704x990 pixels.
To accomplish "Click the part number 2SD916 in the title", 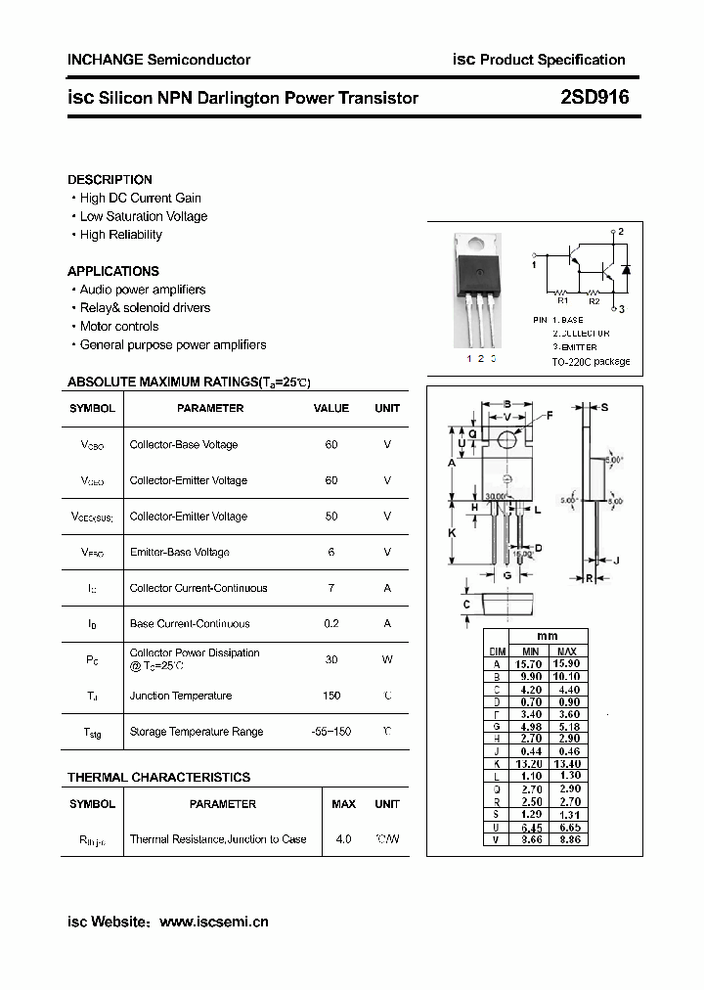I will tap(594, 98).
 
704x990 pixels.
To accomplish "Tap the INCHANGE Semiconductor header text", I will tap(158, 60).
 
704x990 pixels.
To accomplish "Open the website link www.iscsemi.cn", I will tap(213, 922).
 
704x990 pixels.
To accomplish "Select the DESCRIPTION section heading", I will tap(110, 180).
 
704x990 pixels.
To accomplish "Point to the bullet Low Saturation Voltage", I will tap(143, 216).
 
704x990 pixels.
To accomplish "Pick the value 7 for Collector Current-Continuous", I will tap(331, 588).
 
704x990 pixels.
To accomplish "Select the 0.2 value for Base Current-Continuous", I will tap(331, 624).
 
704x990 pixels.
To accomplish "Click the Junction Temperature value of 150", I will tap(331, 696).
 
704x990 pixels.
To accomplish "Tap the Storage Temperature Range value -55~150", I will tap(331, 732).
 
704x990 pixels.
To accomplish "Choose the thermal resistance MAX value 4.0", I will tap(343, 839).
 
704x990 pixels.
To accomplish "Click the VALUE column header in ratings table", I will tap(331, 408).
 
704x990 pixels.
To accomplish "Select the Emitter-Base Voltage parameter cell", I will tap(179, 552).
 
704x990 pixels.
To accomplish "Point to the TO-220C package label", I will tap(591, 362).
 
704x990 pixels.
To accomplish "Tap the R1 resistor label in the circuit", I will tap(562, 302).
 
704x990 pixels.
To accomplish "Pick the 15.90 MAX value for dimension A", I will tap(566, 663).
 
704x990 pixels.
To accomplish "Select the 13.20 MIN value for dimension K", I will tap(530, 764).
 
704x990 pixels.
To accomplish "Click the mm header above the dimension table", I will tap(549, 636).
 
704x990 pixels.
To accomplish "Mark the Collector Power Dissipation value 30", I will tap(331, 659).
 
